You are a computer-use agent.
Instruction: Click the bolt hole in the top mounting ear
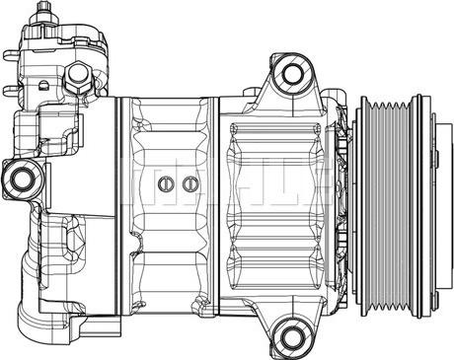tap(290, 73)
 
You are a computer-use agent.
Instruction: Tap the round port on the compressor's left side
tap(22, 179)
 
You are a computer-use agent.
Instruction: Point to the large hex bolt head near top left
tap(80, 78)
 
